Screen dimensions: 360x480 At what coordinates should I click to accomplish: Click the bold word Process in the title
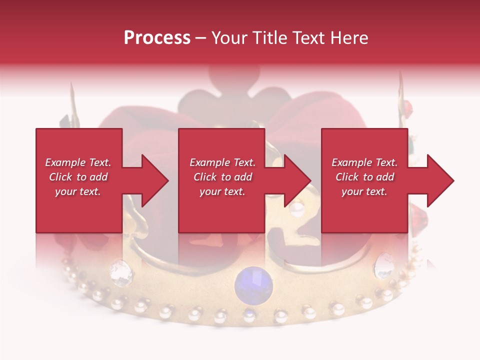coord(157,37)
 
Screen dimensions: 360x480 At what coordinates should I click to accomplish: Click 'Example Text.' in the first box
coord(78,162)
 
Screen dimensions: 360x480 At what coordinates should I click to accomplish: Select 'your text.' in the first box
coord(78,191)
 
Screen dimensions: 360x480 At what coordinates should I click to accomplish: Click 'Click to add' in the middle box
coord(222,177)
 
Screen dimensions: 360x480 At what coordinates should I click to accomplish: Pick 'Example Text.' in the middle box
coord(222,162)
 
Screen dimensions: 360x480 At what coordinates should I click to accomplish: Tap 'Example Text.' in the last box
coord(364,162)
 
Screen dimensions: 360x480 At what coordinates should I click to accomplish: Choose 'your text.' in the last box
coord(364,191)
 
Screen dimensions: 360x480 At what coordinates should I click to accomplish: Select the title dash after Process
coord(201,38)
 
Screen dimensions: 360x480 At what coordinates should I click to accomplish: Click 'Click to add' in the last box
coord(364,177)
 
